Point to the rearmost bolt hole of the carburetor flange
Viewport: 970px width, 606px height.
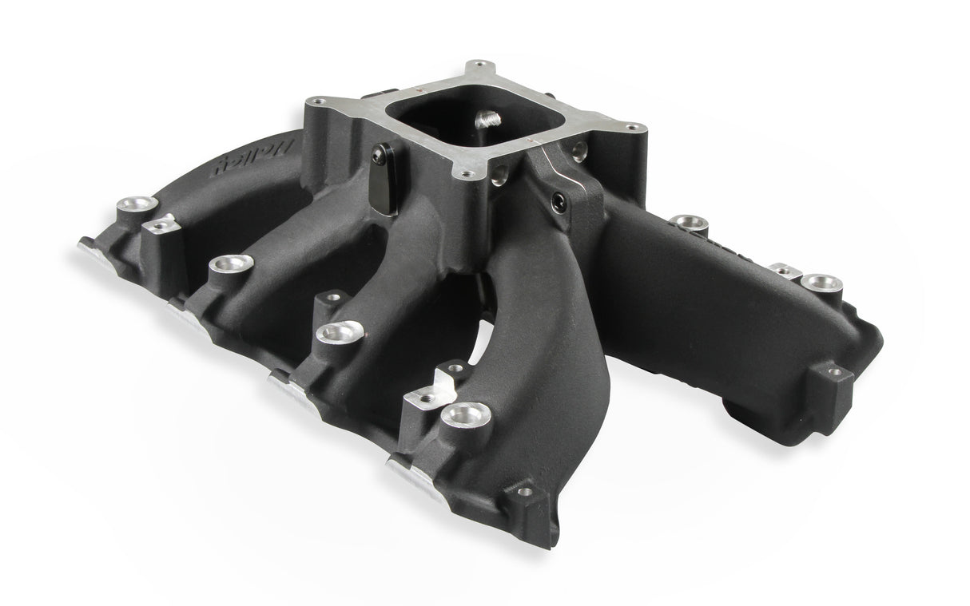coord(479,65)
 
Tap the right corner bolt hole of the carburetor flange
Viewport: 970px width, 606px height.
coord(632,127)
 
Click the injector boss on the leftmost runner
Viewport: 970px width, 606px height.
coord(132,206)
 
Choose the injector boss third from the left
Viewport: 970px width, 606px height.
coord(339,331)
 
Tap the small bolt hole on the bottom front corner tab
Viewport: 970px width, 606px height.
coord(524,492)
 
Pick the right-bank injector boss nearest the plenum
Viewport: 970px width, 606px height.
coord(685,220)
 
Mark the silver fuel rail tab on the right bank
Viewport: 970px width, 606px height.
coord(787,271)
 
